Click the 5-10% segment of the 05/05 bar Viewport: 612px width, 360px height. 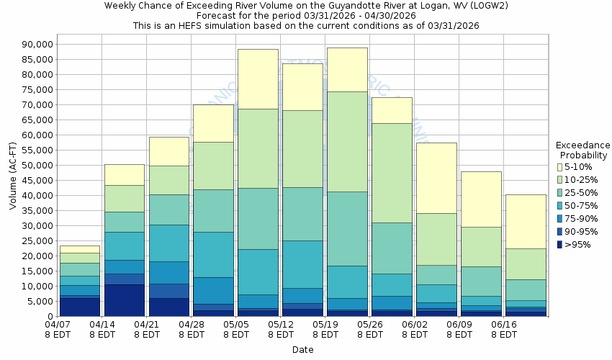pyautogui.click(x=258, y=79)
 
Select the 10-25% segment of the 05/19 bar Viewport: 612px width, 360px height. pyautogui.click(x=347, y=142)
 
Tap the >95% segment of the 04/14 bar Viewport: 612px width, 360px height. pyautogui.click(x=124, y=300)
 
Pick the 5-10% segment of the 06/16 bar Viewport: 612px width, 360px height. pyautogui.click(x=526, y=222)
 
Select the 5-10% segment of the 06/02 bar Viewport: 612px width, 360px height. pyautogui.click(x=436, y=178)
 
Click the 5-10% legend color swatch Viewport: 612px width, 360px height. pyautogui.click(x=560, y=167)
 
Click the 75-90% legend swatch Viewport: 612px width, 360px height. pyautogui.click(x=560, y=219)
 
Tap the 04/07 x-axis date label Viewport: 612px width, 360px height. pyautogui.click(x=57, y=329)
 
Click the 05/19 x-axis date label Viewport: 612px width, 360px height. pyautogui.click(x=325, y=329)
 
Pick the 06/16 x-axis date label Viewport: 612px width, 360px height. pyautogui.click(x=503, y=329)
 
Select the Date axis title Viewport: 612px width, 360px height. pyautogui.click(x=302, y=350)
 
